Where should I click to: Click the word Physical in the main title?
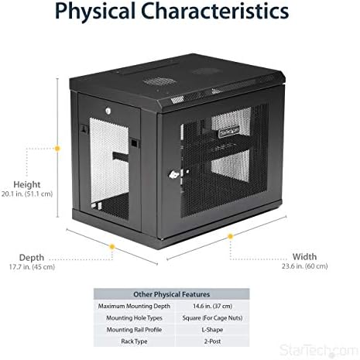[95, 12]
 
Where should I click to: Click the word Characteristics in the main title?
[215, 11]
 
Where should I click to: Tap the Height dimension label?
[27, 185]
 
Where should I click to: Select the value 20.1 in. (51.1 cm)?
[27, 194]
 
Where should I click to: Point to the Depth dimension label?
[32, 257]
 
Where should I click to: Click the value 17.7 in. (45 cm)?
[32, 267]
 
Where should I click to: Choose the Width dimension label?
[304, 257]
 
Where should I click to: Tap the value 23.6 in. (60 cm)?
[304, 266]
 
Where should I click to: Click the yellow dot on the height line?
[57, 149]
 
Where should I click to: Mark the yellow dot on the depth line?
[112, 247]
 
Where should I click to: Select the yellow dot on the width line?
[230, 236]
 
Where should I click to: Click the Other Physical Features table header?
[171, 294]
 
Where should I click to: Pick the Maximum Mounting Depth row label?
[134, 307]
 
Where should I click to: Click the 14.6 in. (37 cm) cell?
[212, 307]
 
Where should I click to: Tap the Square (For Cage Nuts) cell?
[212, 318]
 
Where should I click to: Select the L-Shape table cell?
[212, 330]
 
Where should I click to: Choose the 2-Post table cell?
[212, 341]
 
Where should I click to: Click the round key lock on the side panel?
[108, 111]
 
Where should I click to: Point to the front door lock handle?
[174, 175]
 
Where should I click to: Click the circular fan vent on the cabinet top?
[159, 81]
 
